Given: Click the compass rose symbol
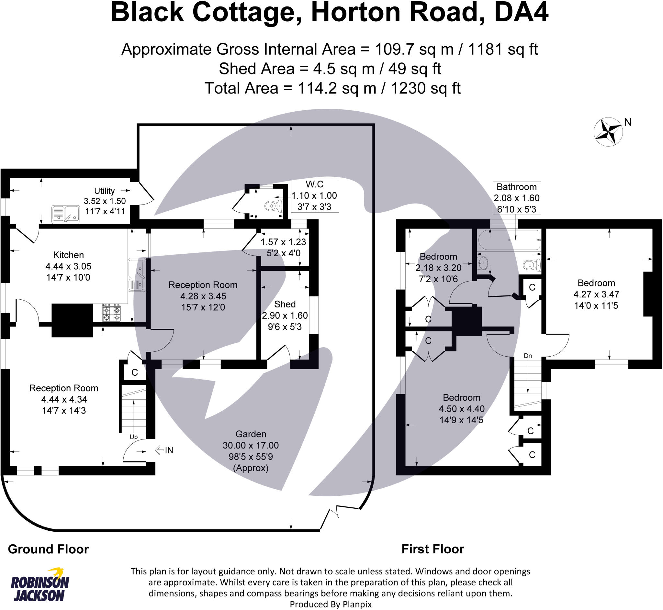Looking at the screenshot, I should coord(608,132).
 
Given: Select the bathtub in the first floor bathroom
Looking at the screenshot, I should coord(510,240).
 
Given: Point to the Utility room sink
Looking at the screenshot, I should coord(65,214).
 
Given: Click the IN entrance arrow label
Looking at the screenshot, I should coord(164,450).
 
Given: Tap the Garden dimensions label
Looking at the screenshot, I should coord(251,451).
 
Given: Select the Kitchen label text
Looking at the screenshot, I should coord(68,255).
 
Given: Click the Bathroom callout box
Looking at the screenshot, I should coord(516,198).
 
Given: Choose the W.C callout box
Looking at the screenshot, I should coord(314,195).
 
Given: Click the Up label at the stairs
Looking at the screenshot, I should coord(133,437).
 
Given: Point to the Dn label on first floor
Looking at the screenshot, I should coord(528,356).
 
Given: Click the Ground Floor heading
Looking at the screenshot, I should coord(48,549).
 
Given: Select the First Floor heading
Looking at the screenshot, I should coord(433,549).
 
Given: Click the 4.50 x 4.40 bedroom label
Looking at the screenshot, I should coord(461,409).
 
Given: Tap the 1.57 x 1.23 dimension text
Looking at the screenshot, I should coord(283,242).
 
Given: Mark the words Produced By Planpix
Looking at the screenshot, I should coord(331,604).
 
